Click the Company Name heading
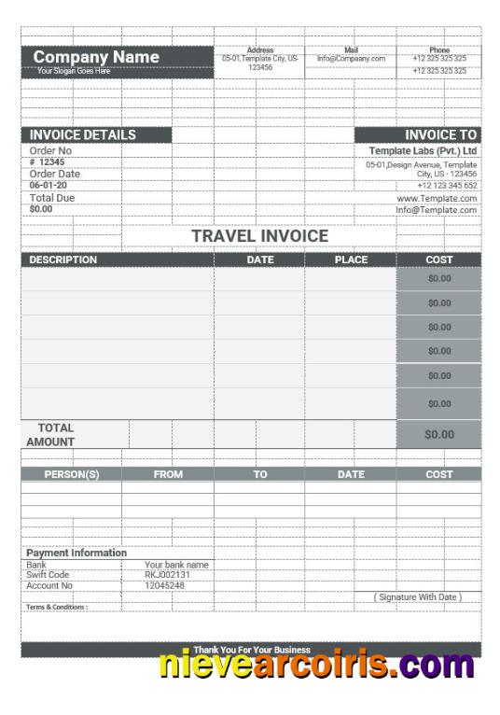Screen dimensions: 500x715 96,57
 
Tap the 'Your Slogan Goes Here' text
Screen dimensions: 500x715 73,71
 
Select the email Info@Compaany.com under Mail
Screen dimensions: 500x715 351,59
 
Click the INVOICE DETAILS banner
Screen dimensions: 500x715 82,135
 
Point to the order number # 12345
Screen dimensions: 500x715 47,161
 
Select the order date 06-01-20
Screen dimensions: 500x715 49,185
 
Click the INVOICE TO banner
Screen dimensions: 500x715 440,135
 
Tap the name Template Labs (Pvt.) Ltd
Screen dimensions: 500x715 423,150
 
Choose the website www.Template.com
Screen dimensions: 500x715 437,199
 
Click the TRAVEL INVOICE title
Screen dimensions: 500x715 259,236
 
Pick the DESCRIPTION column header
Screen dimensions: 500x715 62,260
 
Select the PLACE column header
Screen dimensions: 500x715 351,260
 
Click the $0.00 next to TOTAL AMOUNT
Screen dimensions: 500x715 439,434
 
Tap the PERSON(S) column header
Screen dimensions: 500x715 71,474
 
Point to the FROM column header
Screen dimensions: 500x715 168,474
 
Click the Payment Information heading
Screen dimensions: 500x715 76,553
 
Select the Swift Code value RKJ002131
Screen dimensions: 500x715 168,575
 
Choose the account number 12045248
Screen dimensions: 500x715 164,585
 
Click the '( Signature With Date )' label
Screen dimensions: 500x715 417,596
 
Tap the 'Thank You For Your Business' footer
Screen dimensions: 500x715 252,650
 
